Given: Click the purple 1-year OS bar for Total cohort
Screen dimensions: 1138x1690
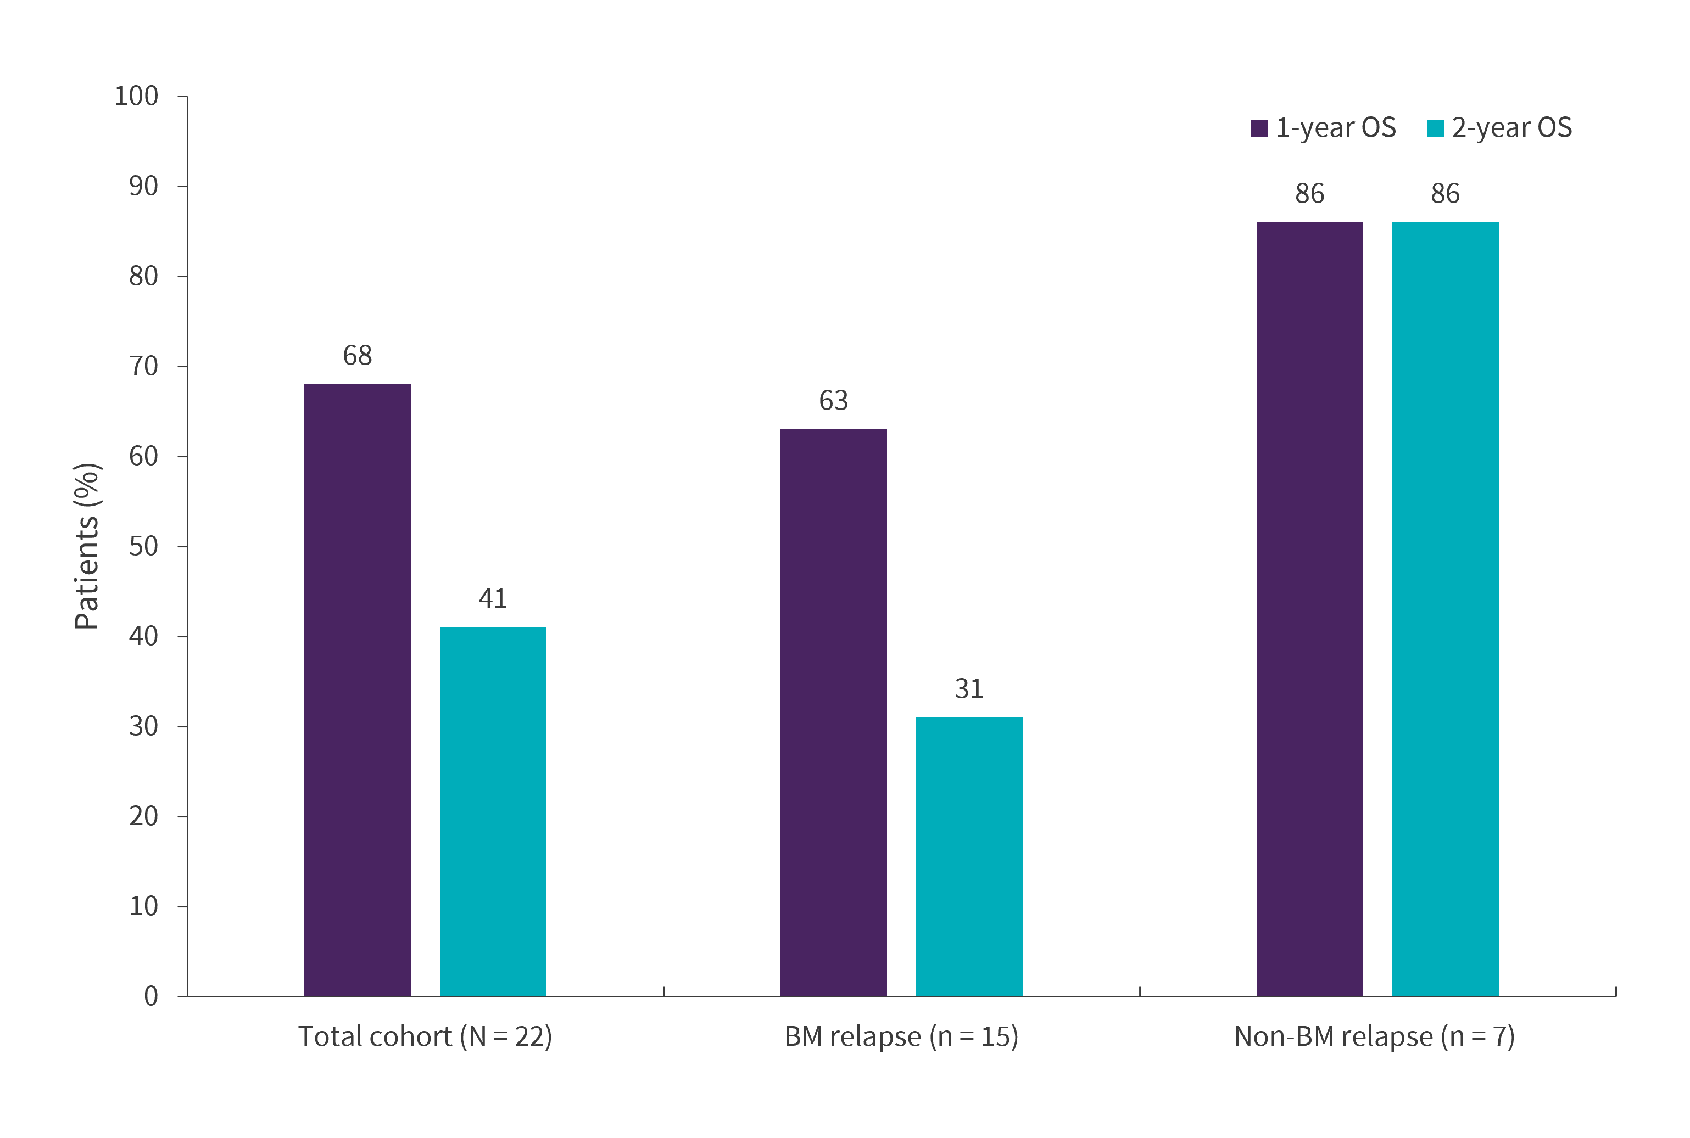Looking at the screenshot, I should (x=357, y=689).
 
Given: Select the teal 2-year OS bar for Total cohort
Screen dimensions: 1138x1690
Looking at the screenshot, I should (x=493, y=811).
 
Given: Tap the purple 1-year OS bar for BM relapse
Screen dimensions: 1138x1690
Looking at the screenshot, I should (x=833, y=712).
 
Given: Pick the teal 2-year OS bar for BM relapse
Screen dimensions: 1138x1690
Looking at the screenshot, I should (x=969, y=856).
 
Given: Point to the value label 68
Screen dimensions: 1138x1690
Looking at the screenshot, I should (x=357, y=356).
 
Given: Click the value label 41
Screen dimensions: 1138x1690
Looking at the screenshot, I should (x=493, y=599).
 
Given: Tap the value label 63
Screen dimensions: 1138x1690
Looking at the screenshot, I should (x=833, y=401).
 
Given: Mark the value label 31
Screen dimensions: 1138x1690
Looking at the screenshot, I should (x=969, y=689).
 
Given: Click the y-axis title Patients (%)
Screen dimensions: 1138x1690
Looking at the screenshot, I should (x=87, y=546).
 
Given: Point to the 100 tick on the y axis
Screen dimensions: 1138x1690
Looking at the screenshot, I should (x=136, y=96).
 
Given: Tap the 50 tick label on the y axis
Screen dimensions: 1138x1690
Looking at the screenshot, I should (x=144, y=547).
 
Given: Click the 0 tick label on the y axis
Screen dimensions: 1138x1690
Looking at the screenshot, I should (x=151, y=996).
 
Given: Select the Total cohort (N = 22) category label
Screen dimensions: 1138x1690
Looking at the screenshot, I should (x=426, y=1036).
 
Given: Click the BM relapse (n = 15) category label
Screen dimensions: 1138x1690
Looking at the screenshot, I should (x=902, y=1036).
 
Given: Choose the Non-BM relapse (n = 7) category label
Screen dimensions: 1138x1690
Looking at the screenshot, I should (x=1374, y=1036).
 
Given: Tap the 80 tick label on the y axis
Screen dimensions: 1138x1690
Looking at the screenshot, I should (x=144, y=277).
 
